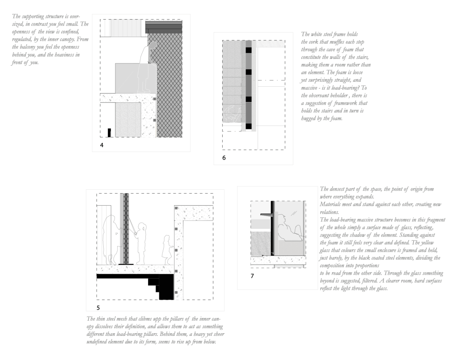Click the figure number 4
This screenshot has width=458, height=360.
coord(102,145)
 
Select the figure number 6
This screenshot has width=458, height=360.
coord(224,158)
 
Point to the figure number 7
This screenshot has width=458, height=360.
coord(252,276)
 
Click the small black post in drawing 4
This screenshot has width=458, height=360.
coord(109,132)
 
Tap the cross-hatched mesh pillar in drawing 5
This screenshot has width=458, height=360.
coord(126,228)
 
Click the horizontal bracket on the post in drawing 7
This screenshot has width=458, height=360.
coord(267,215)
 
